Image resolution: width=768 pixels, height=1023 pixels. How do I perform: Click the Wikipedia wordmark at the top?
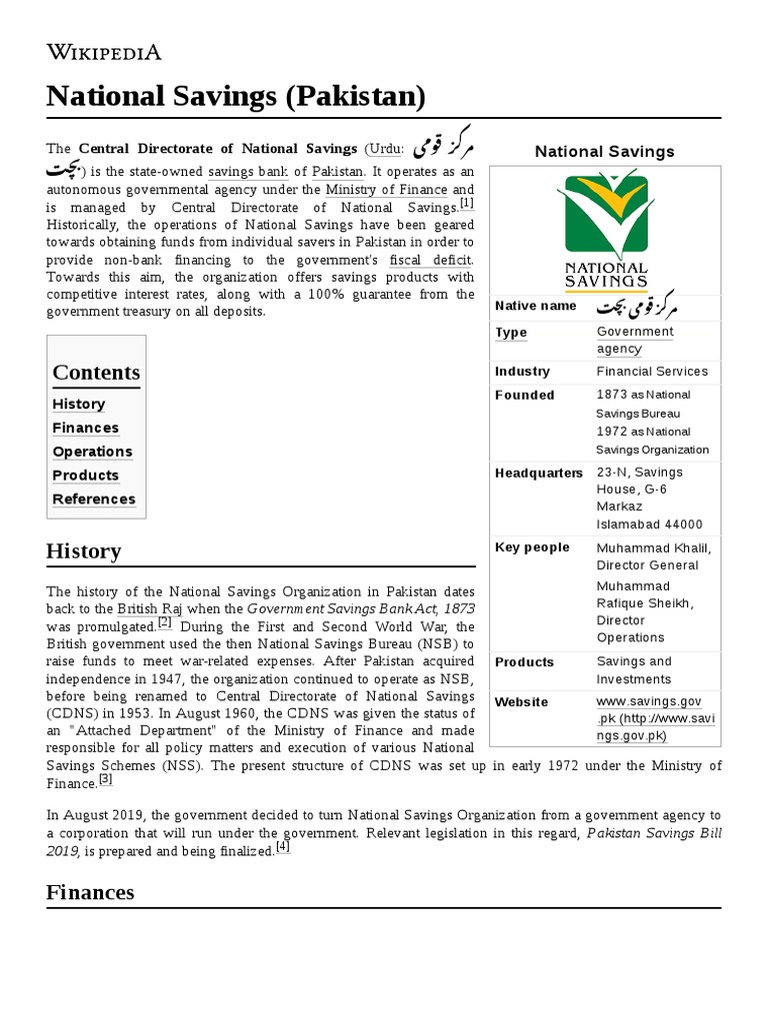[x=104, y=53]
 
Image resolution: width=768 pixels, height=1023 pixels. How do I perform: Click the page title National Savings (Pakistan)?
[x=236, y=97]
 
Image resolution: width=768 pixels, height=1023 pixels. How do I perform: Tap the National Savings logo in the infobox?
[x=605, y=229]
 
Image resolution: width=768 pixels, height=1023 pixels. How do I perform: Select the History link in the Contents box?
[x=79, y=405]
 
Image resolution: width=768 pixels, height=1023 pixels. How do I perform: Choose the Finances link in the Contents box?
[x=85, y=429]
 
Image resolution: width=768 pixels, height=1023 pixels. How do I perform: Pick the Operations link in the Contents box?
[x=92, y=452]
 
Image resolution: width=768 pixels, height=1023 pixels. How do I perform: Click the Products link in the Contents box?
[x=85, y=476]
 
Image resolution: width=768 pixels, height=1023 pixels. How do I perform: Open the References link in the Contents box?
[x=94, y=500]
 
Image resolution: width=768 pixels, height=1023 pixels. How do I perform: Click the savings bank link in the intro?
[x=247, y=172]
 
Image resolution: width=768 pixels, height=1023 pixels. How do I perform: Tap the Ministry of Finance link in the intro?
[x=386, y=189]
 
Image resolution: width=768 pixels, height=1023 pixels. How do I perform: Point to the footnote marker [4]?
[x=282, y=847]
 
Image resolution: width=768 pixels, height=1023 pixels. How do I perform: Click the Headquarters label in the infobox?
[x=538, y=473]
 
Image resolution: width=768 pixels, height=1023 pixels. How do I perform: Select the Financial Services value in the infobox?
[x=652, y=372]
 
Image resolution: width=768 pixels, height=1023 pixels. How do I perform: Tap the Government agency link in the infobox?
[x=635, y=341]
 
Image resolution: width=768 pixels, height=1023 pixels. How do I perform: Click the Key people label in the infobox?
[x=532, y=547]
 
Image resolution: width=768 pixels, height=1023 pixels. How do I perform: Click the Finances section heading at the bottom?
[x=90, y=892]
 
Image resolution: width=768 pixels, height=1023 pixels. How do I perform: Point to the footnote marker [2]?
[x=164, y=622]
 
